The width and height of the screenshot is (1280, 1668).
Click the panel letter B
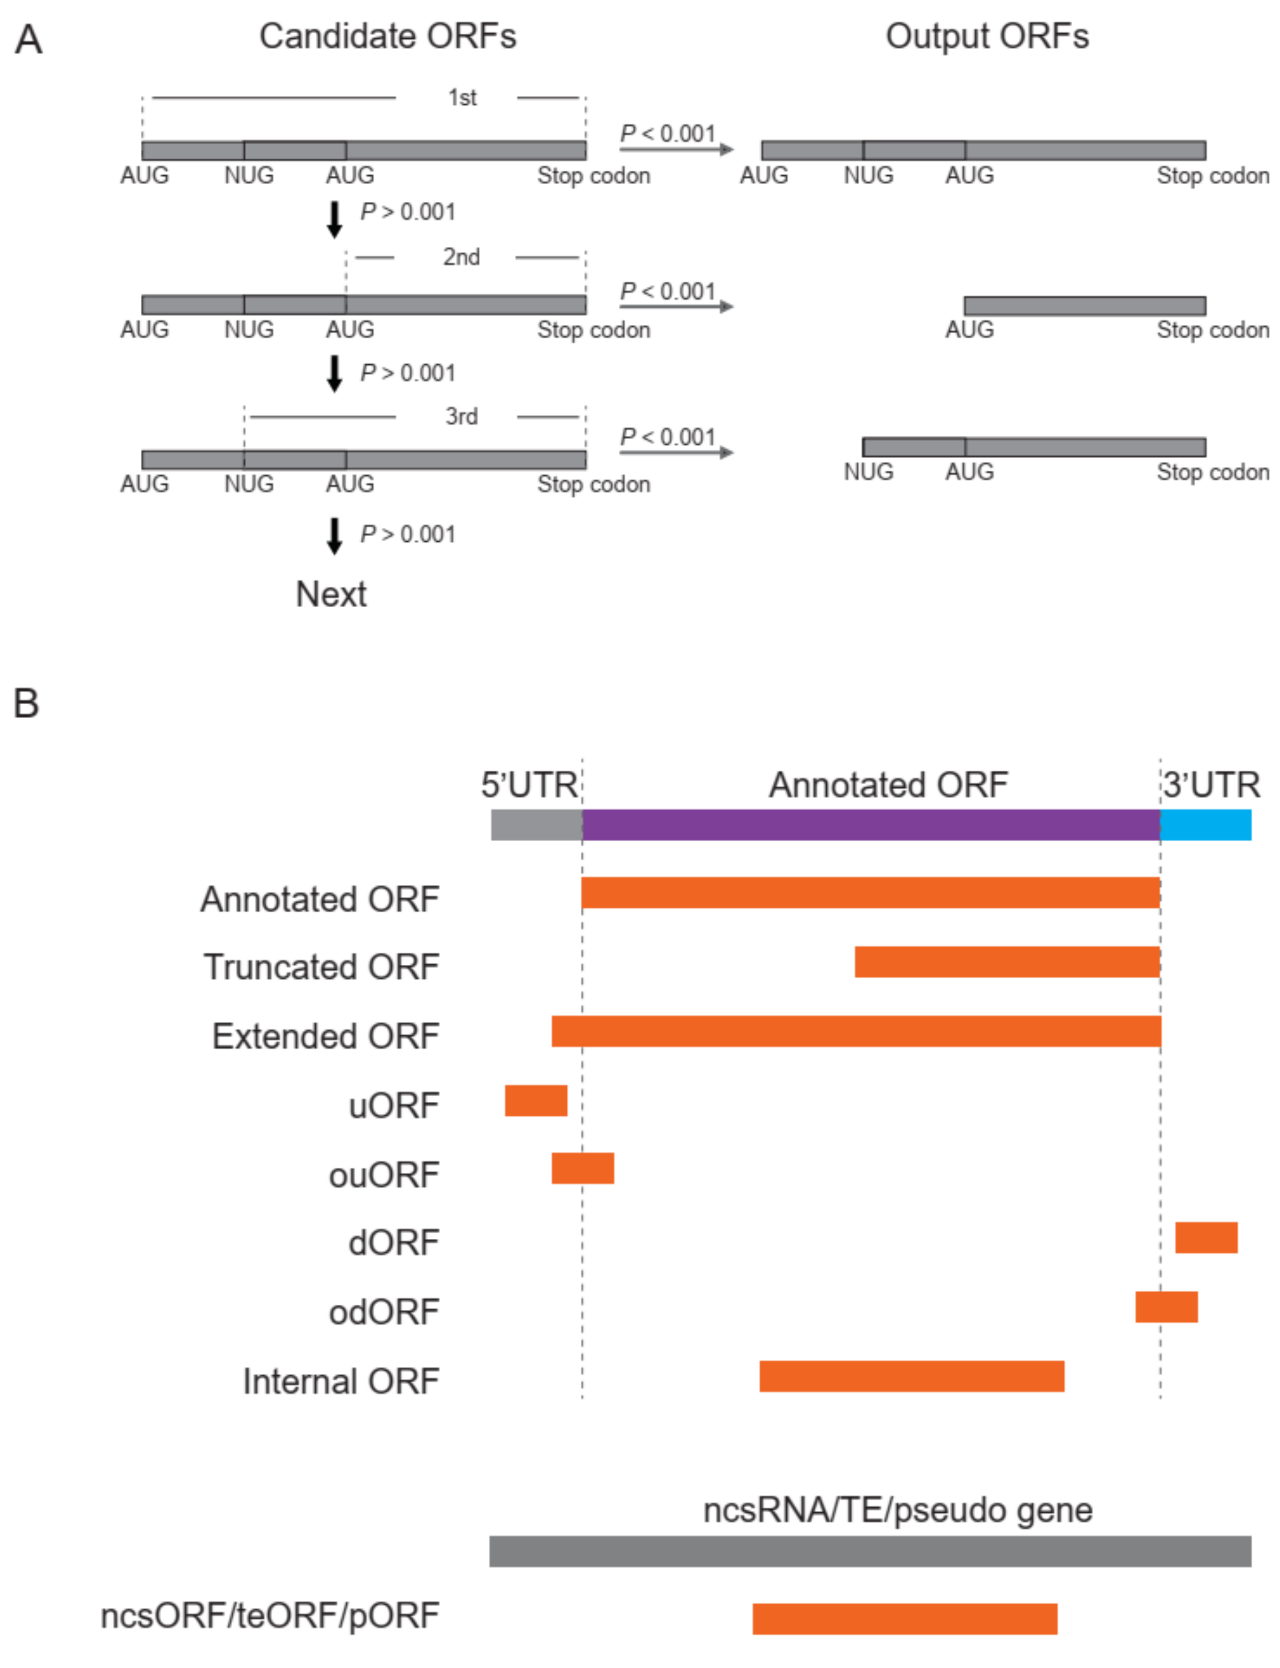(x=26, y=703)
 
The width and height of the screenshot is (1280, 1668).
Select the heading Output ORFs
(x=987, y=36)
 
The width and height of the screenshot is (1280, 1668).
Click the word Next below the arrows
(x=331, y=594)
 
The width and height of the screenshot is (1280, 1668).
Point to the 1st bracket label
(x=462, y=98)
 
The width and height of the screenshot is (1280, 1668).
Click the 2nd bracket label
(x=461, y=257)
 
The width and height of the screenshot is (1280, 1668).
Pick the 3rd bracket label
(x=461, y=416)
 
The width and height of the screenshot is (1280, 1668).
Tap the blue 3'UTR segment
(x=1205, y=825)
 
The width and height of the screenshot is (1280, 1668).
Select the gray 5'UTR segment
(x=536, y=825)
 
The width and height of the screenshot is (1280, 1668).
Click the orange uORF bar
(x=536, y=1100)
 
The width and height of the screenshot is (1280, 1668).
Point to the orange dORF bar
(x=1206, y=1237)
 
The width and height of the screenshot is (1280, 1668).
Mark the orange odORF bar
(x=1166, y=1306)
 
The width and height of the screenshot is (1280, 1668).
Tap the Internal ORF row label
(x=341, y=1381)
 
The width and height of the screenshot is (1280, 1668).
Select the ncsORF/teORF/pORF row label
(x=270, y=1615)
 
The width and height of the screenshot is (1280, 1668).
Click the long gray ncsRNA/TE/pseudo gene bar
(x=870, y=1552)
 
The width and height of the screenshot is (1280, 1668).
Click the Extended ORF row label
(x=325, y=1035)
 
